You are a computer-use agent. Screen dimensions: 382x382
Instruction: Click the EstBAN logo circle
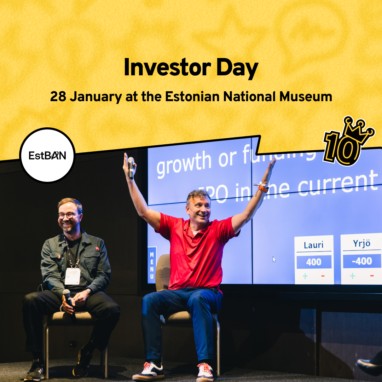pos(47,156)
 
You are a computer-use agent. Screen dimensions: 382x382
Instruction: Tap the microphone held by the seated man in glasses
pos(67,296)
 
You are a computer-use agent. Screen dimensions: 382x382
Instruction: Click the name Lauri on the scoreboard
pos(314,245)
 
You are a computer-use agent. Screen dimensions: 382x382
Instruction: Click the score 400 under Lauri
pos(314,262)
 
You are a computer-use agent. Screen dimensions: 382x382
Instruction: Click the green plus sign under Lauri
pos(305,276)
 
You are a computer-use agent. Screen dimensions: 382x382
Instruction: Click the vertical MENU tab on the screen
pos(152,265)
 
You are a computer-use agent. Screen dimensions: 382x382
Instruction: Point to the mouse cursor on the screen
pos(274,259)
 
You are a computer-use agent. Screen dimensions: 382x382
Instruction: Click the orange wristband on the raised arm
pos(262,188)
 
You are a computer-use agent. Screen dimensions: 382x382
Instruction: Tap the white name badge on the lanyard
pos(73,276)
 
